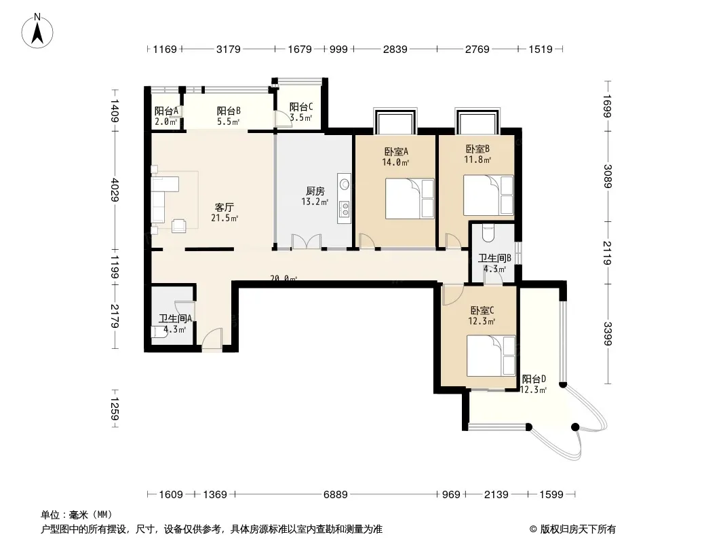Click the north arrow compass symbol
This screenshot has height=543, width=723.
pos(37,31)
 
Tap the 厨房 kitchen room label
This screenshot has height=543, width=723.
pos(315,191)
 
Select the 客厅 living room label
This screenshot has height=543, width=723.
pos(224,207)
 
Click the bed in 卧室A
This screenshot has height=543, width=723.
pos(410,198)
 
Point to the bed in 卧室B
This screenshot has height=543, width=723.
pos(488,195)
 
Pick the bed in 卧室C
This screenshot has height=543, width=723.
pos(491,356)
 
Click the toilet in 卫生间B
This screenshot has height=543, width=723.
pos(488,233)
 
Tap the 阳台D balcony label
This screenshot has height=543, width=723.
pos(534,379)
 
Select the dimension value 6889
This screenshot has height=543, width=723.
pos(335,495)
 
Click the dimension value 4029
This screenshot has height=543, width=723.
pos(115,189)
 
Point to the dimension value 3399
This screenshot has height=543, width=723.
pos(607,333)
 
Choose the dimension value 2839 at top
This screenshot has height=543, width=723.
pos(395,49)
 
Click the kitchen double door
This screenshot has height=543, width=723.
pos(306,242)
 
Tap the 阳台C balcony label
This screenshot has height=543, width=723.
pos(301,107)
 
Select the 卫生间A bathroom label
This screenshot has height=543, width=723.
pos(175,318)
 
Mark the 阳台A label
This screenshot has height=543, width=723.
pos(166,111)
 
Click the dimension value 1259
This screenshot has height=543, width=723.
pos(115,409)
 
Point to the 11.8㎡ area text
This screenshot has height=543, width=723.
pos(477,160)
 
